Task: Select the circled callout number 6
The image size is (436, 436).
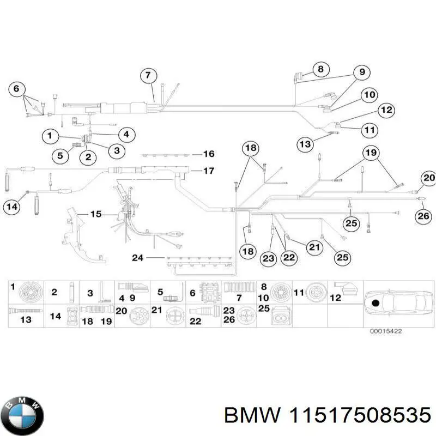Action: click(x=16, y=88)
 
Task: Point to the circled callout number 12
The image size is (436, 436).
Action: click(x=386, y=110)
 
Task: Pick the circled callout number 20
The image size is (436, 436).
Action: click(x=429, y=178)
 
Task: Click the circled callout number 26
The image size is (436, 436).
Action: click(x=423, y=216)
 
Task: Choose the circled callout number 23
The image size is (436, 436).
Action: click(x=268, y=259)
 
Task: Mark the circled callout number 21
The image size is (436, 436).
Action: click(x=313, y=248)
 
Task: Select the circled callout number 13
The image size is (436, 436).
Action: click(x=305, y=144)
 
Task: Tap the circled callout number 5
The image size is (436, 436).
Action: click(x=60, y=156)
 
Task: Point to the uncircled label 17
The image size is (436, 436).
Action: click(x=194, y=171)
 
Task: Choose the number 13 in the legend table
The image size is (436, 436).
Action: click(x=26, y=320)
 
